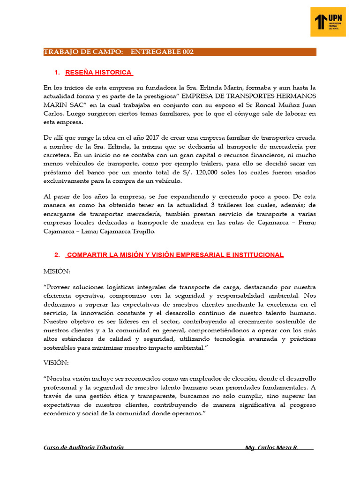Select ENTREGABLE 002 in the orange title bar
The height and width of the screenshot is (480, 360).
[x=162, y=52]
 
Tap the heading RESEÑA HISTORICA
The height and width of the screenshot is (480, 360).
[x=99, y=73]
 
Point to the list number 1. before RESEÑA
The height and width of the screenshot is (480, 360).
[x=58, y=73]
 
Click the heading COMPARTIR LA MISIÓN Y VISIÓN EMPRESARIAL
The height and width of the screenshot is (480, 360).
[x=175, y=255]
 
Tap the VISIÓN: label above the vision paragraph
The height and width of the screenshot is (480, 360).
[x=56, y=362]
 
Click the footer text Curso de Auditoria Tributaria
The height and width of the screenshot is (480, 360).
[x=83, y=448]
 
